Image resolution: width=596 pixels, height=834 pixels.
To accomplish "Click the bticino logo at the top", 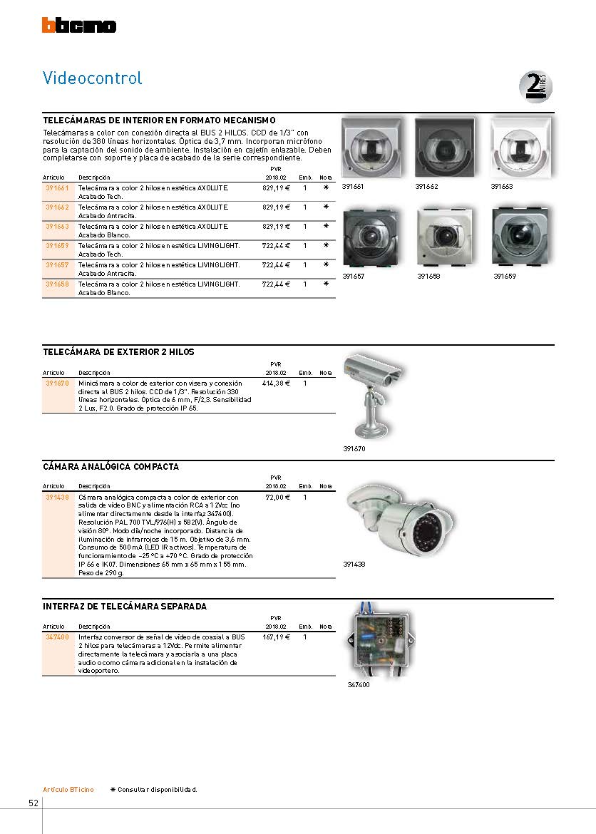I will [x=78, y=26].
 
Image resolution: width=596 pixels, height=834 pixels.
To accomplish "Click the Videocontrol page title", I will [x=93, y=78].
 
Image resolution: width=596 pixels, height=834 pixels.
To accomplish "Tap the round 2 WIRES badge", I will [x=535, y=87].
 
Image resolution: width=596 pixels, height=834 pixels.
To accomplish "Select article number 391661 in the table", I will [x=56, y=187].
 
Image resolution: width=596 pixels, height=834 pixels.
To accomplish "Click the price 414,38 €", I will [x=276, y=383].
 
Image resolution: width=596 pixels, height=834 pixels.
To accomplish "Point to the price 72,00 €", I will [x=277, y=497].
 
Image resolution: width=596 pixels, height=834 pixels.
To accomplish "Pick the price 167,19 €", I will [x=276, y=637].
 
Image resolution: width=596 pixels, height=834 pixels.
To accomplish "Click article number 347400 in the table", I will [x=56, y=637].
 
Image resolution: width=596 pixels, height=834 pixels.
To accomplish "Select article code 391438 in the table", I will [x=56, y=497].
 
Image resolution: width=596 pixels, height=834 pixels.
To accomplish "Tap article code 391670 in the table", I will [x=56, y=383].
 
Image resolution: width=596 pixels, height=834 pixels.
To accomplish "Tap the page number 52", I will [x=34, y=803].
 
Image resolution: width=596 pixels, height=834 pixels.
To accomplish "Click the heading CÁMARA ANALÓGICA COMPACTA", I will [x=111, y=467].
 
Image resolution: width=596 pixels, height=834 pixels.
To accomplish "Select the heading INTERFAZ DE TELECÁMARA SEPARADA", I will [x=125, y=607].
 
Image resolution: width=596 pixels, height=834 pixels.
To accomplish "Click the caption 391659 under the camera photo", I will [x=505, y=277].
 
